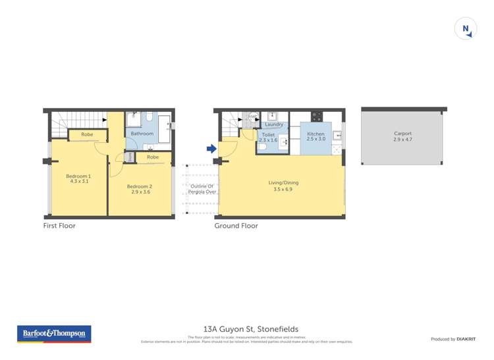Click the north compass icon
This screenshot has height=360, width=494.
pos(465,29)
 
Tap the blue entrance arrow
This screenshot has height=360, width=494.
pos(211,149)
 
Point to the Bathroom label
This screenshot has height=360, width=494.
pos(142,134)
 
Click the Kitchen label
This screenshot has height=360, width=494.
pos(316,134)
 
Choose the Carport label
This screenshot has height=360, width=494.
pos(402,134)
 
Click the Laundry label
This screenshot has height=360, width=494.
pos(274,124)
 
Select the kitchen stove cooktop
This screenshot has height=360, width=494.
pos(317,116)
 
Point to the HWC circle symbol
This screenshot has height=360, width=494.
pos(251,117)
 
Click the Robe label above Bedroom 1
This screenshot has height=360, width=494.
pos(87,135)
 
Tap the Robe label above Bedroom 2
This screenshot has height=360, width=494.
pos(153,157)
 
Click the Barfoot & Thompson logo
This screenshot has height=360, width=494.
pos(54,334)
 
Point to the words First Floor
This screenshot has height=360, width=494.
pos(59,226)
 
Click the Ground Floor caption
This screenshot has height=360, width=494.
pos(236,226)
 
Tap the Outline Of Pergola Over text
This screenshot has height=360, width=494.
pos(203,190)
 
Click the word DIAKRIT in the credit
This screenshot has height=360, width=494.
pos(467,339)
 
